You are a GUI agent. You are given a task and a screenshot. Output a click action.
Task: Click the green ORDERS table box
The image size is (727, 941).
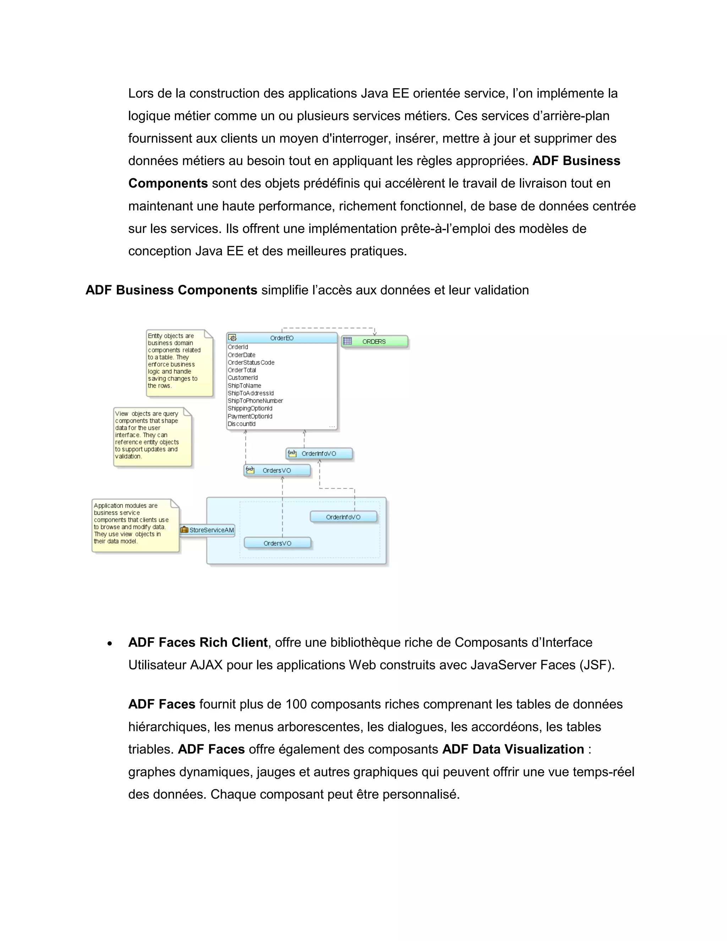tap(374, 342)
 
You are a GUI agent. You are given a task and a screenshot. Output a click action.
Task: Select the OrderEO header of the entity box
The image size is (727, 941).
tap(281, 338)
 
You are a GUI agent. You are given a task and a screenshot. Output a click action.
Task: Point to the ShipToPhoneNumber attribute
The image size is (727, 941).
tap(255, 401)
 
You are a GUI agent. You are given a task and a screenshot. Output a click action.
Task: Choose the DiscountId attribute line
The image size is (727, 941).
tap(242, 424)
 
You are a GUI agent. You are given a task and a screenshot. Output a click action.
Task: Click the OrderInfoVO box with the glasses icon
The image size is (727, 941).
tap(319, 454)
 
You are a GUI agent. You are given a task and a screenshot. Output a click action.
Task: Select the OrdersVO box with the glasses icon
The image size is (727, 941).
tap(277, 470)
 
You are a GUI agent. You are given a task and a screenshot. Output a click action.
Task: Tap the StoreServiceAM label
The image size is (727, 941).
tap(212, 530)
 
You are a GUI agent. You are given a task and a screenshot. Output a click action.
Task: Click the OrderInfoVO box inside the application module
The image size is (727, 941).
tap(343, 517)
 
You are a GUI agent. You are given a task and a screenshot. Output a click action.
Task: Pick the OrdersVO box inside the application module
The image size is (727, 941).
tap(277, 543)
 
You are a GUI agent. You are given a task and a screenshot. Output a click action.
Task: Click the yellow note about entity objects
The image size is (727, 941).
tap(179, 363)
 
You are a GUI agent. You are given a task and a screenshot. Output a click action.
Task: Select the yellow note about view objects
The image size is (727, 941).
tap(152, 437)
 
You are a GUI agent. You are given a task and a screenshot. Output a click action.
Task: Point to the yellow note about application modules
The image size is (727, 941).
tap(135, 525)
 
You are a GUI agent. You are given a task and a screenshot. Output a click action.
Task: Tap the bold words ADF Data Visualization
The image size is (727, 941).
tap(513, 749)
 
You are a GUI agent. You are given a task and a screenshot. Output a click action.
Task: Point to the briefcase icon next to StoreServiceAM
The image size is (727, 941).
tap(184, 530)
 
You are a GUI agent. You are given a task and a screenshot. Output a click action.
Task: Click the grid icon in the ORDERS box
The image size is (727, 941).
tap(348, 341)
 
